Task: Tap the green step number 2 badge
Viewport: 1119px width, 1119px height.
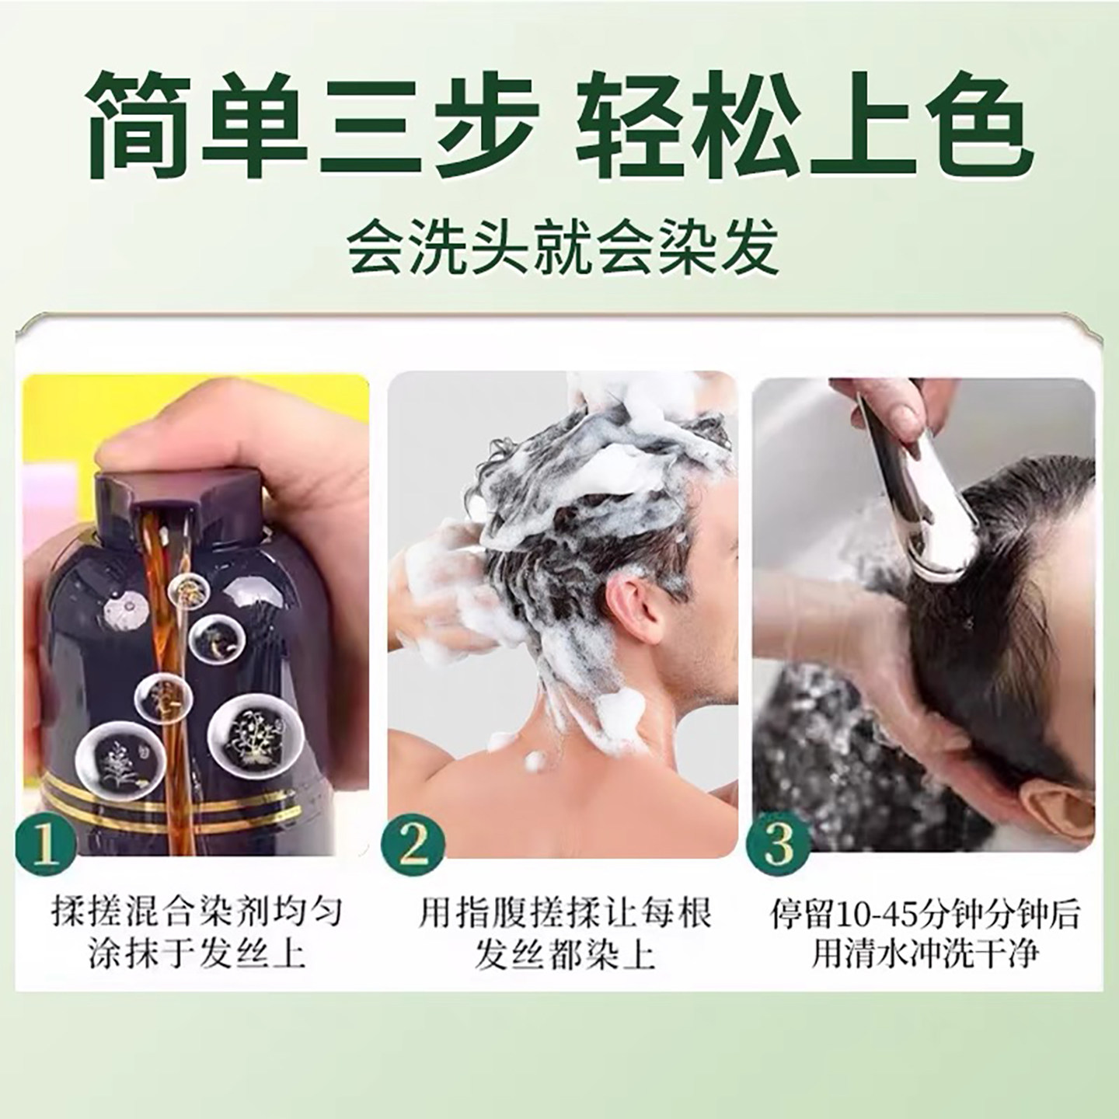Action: tap(413, 843)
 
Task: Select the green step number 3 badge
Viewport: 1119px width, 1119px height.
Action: tap(778, 843)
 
